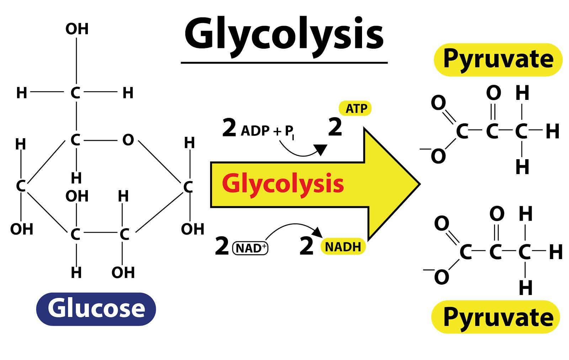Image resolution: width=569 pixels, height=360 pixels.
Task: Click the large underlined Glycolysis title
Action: (x=284, y=35)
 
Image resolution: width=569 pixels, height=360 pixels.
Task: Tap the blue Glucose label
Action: (x=96, y=308)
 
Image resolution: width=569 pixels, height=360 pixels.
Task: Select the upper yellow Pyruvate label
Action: (x=498, y=59)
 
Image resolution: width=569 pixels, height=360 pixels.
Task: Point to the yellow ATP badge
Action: (x=356, y=108)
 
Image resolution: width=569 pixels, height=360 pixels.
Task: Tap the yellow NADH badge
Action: (x=343, y=247)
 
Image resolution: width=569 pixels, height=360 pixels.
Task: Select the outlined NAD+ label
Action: (x=250, y=248)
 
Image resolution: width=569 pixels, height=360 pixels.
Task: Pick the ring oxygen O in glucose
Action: (x=128, y=140)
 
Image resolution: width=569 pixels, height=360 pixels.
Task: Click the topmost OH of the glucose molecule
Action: (x=77, y=29)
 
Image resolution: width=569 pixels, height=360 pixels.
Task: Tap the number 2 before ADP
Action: (x=229, y=128)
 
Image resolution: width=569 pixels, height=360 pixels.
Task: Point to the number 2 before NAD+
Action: (x=222, y=246)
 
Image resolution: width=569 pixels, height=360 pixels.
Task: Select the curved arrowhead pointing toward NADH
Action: (x=318, y=233)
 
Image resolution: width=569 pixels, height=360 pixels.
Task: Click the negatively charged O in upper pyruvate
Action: (x=438, y=156)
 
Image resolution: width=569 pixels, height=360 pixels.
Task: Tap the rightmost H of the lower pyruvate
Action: (x=555, y=252)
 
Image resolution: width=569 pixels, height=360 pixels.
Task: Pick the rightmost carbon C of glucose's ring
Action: (x=188, y=187)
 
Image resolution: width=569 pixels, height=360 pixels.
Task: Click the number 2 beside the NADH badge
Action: (x=306, y=246)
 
